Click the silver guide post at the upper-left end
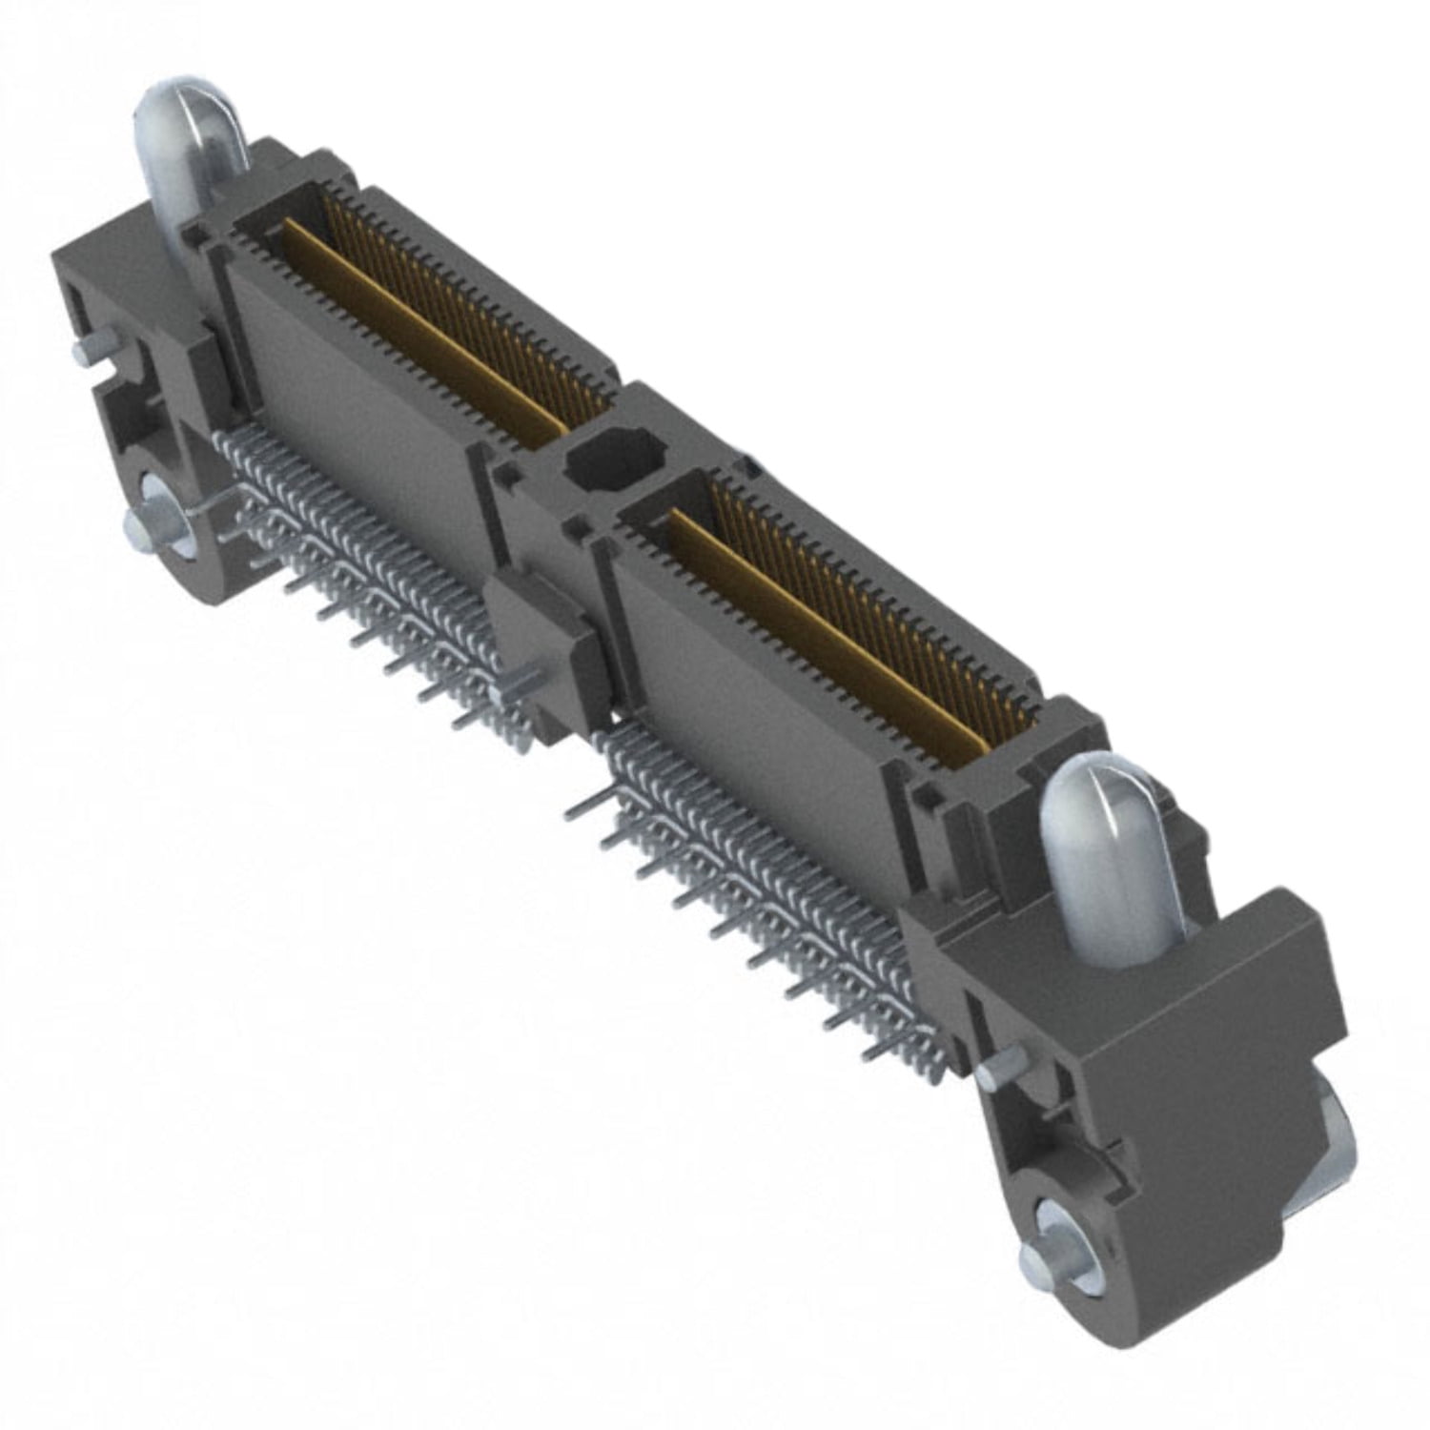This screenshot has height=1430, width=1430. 191,143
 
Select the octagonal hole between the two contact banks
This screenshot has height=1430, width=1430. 608,460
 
